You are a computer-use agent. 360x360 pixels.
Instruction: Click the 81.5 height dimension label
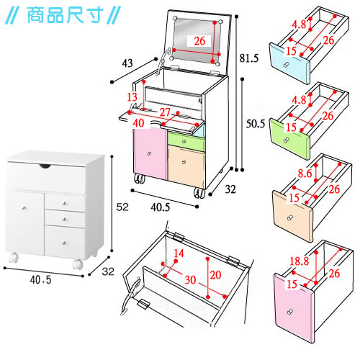point(249,58)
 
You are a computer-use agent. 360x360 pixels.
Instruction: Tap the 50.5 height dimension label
point(256,124)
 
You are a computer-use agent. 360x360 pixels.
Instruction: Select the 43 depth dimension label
point(127,63)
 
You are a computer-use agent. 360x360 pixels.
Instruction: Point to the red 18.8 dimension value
point(299,261)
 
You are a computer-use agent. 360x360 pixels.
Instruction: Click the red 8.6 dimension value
point(305,174)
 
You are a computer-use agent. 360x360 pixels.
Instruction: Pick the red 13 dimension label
point(132,97)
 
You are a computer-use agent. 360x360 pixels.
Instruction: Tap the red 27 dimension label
point(165,112)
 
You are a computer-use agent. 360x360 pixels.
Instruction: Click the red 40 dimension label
point(138,123)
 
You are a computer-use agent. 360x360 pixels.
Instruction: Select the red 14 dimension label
point(179,253)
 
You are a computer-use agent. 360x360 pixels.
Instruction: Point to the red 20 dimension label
point(215,275)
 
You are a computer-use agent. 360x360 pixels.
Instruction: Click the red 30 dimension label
point(190,280)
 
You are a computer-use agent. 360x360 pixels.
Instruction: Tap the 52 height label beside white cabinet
point(122,207)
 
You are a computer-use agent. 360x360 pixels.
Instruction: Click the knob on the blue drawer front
point(287,65)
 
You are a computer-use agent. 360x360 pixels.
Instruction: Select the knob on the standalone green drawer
point(287,140)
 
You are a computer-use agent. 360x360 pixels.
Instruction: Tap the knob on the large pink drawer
point(290,312)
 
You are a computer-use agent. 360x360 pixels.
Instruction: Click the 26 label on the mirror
point(199,41)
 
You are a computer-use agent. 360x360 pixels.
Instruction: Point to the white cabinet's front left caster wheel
point(14,258)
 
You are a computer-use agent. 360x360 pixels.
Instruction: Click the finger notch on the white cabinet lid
point(45,166)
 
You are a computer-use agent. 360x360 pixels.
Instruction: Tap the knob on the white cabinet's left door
point(24,208)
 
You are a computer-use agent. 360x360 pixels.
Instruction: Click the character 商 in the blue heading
point(35,15)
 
